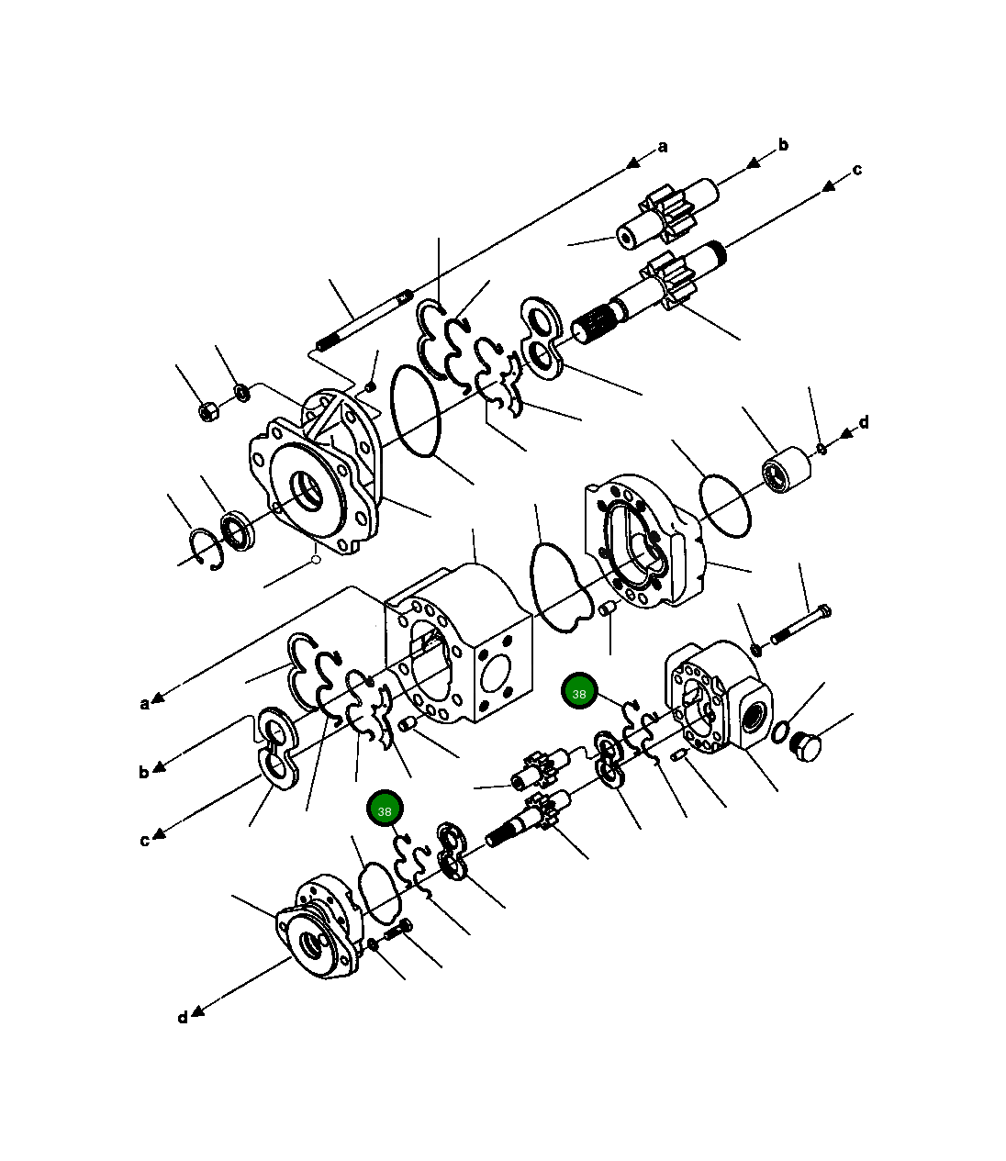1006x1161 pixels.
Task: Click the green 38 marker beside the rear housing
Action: click(x=579, y=694)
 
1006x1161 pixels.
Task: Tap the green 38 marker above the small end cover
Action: click(x=385, y=810)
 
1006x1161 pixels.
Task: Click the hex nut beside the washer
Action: click(x=208, y=411)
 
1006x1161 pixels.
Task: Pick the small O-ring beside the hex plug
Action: click(x=780, y=731)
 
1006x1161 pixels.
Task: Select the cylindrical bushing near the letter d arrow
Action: click(x=787, y=470)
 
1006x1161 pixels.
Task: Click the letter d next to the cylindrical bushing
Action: click(x=863, y=423)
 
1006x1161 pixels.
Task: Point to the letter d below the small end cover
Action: click(x=183, y=1017)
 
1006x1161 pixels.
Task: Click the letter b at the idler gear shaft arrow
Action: click(x=783, y=145)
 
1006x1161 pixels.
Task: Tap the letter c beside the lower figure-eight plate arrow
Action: click(x=144, y=840)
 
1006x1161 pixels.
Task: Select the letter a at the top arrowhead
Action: click(x=663, y=147)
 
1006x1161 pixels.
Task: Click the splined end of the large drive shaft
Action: click(x=594, y=324)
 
